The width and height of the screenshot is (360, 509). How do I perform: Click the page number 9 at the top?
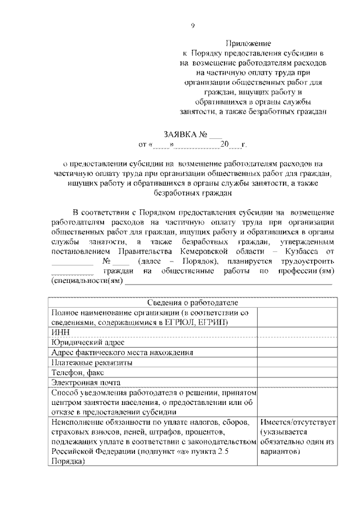point(192,25)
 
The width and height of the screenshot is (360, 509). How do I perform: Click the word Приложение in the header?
point(249,43)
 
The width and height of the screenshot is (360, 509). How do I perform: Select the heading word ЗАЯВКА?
point(180,135)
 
